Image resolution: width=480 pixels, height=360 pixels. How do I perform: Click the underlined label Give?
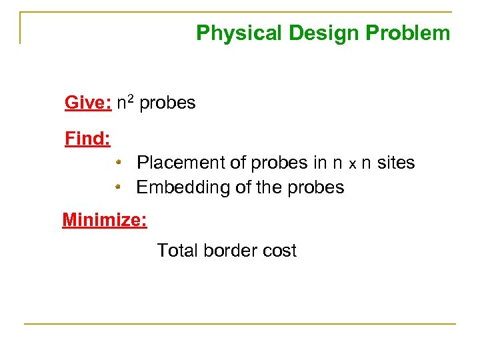88,103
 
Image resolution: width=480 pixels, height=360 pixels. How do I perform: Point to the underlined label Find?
87,139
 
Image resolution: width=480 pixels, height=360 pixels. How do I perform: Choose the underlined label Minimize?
105,219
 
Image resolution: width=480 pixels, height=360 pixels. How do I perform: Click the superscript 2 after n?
132,99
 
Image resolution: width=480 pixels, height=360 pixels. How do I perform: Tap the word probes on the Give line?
167,103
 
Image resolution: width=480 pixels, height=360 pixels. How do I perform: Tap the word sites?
396,163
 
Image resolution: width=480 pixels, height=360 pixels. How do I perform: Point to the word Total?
177,251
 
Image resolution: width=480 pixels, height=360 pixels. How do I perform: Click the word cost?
279,251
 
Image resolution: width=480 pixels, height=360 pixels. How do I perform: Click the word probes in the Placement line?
279,163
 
